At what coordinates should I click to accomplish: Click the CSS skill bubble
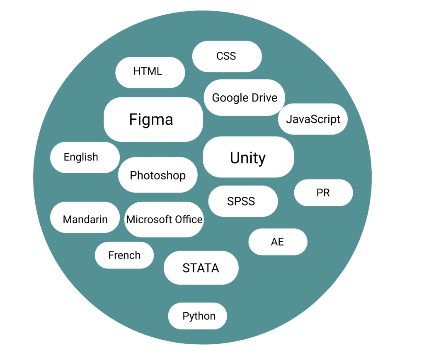[x=227, y=56]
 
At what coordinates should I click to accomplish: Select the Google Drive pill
[x=245, y=98]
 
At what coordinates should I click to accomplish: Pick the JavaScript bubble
[x=313, y=119]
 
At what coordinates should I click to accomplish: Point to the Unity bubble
[x=248, y=157]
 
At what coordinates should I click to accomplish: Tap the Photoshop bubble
[x=157, y=175]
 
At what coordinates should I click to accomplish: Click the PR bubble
[x=323, y=193]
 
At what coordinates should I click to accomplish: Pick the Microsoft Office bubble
[x=164, y=220]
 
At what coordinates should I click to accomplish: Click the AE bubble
[x=278, y=242]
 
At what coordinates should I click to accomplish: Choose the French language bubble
[x=124, y=255]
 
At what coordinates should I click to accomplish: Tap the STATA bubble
[x=201, y=268]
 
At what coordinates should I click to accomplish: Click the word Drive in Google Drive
[x=264, y=98]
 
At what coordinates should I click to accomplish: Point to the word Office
[x=189, y=220]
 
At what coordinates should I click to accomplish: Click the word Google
[x=230, y=98]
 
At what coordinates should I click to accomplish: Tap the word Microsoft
[x=149, y=220]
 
